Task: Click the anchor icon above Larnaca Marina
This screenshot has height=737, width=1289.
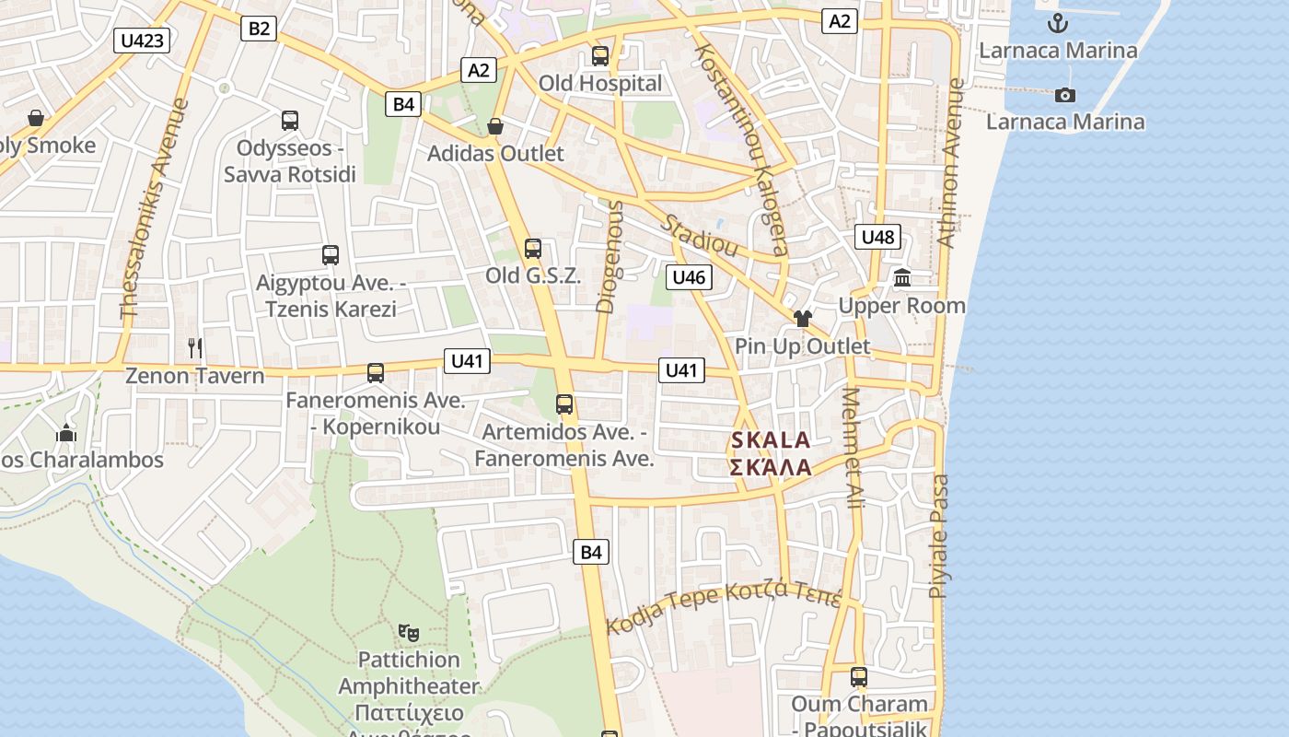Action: [x=1058, y=22]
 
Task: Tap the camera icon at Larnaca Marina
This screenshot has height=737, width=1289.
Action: [x=1065, y=95]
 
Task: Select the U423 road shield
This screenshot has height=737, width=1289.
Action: [x=143, y=40]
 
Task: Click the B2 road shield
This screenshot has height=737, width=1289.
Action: [x=259, y=29]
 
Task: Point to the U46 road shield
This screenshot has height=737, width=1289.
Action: [x=689, y=277]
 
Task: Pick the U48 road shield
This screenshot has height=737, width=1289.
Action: [x=877, y=237]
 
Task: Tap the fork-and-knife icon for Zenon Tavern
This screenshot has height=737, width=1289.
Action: [x=194, y=347]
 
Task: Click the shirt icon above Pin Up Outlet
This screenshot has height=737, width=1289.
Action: [x=803, y=319]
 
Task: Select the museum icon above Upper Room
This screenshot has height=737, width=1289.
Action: [x=901, y=277]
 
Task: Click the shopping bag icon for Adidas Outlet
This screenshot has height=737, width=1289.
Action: [x=495, y=125]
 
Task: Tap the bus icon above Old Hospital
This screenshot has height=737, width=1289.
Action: [x=600, y=55]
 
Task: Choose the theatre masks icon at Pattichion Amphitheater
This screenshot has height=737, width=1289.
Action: [x=409, y=632]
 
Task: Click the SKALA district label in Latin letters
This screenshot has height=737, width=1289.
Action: [x=771, y=440]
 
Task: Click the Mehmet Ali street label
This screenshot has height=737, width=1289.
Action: [x=854, y=449]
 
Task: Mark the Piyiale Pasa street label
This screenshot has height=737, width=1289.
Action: [x=938, y=536]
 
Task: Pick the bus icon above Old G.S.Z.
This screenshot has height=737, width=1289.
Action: [x=533, y=249]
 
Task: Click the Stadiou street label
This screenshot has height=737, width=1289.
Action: [x=700, y=236]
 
